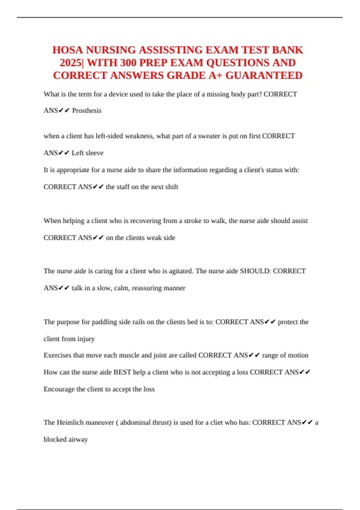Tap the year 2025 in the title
tap(71, 63)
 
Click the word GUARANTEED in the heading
tap(264, 76)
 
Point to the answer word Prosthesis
tap(87, 111)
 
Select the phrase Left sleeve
tap(88, 153)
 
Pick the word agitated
tap(180, 271)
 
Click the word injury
tap(86, 339)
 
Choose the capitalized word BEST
tap(122, 372)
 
